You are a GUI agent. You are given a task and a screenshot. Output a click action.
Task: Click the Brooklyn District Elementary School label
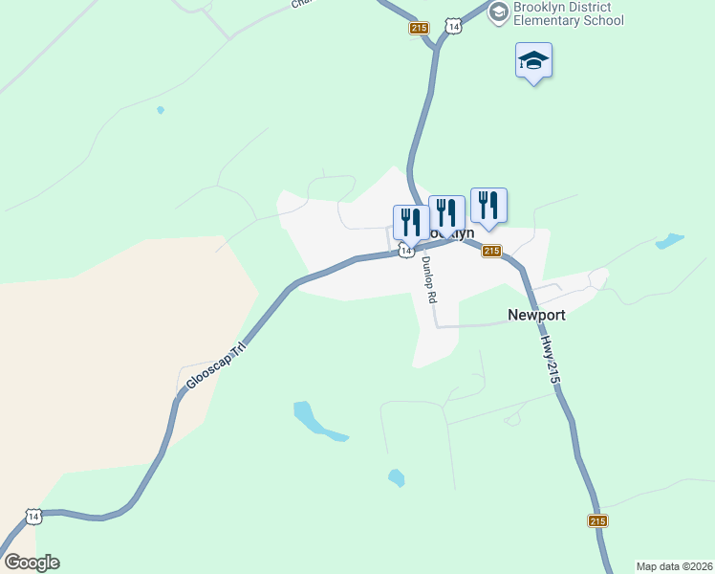568,13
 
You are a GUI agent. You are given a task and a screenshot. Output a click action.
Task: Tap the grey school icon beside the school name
498,12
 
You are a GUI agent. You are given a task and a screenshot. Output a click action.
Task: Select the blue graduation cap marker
533,60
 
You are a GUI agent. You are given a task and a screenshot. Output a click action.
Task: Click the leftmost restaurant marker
411,222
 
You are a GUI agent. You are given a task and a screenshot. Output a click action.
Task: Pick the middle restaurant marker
446,212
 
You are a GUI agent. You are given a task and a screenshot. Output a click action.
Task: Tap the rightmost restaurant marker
487,205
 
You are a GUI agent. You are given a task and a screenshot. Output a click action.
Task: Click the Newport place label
536,315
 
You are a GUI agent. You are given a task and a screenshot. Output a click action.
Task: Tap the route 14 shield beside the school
453,28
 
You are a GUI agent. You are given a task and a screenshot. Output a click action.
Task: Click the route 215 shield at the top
419,29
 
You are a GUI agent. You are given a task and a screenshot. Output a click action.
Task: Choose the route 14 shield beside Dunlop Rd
406,250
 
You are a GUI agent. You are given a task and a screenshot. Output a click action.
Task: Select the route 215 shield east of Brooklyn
491,251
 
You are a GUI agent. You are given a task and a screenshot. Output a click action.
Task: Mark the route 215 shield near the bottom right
597,520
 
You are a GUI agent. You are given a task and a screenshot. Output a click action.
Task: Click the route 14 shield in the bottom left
34,517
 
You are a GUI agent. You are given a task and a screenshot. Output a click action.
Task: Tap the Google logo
32,563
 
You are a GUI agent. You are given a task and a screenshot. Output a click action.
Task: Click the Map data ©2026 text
674,566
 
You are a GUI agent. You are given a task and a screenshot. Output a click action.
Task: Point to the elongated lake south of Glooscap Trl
316,422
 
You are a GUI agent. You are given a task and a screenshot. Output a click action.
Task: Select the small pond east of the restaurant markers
670,241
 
